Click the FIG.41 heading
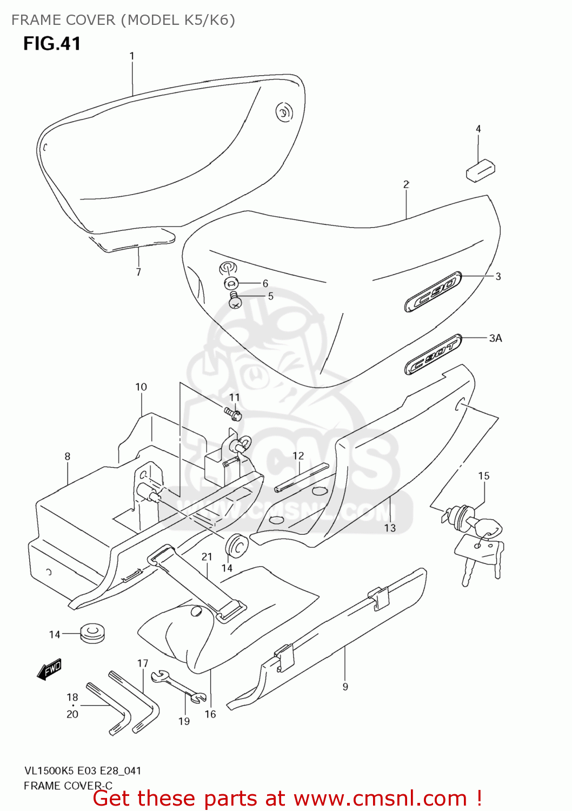(52, 43)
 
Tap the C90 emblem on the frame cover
(433, 292)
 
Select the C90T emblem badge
(433, 354)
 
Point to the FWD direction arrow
(49, 669)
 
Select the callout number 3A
(495, 338)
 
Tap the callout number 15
(483, 476)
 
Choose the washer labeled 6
(231, 283)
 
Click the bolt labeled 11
(234, 414)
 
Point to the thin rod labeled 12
(301, 477)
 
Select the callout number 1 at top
(131, 56)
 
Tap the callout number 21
(207, 556)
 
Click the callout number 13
(390, 528)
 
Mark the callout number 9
(345, 687)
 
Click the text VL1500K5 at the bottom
(48, 770)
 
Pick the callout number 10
(141, 387)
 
